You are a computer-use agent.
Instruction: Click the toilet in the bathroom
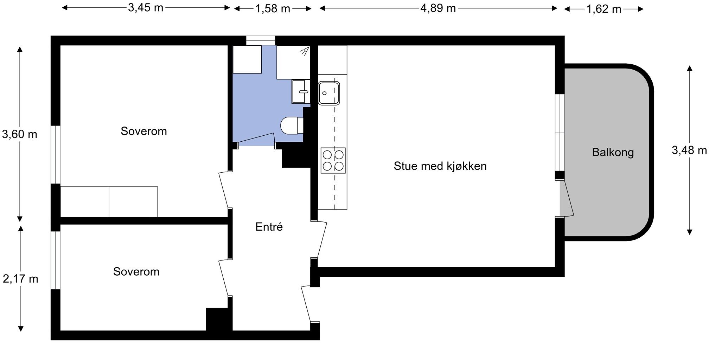[291, 126]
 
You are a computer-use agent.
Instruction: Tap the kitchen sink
[329, 93]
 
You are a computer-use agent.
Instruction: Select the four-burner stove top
[333, 160]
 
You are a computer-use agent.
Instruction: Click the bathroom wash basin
[301, 91]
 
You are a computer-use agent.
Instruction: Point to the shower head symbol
[305, 51]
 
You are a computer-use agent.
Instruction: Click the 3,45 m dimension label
[146, 8]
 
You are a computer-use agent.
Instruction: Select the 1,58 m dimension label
[273, 8]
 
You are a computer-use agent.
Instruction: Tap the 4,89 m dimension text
[438, 8]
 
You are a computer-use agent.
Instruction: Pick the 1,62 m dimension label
[603, 9]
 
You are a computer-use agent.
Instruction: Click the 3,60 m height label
[20, 134]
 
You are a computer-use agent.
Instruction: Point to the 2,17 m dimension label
[20, 279]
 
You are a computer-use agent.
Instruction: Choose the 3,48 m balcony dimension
[689, 150]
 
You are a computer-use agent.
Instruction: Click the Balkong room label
[613, 152]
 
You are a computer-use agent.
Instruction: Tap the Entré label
[269, 227]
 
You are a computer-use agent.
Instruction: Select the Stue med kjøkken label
[440, 166]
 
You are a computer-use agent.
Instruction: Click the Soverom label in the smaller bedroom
[136, 271]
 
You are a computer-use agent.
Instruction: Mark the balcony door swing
[567, 199]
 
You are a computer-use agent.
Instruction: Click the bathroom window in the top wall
[260, 40]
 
